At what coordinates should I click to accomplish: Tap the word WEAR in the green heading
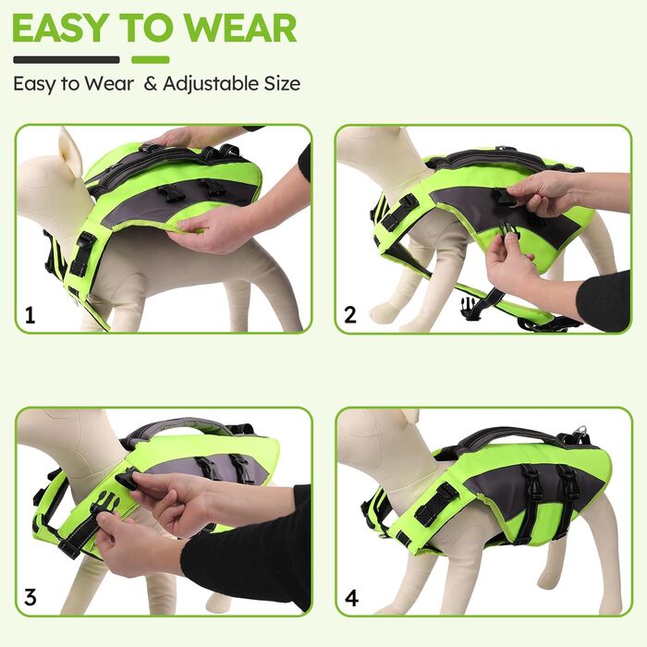tap(240, 28)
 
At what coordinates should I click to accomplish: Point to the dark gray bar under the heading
tap(67, 60)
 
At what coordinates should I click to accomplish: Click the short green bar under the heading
tap(151, 60)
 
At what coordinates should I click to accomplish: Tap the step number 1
tap(31, 316)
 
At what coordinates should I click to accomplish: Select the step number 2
tap(350, 316)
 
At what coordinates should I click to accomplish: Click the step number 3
tap(31, 597)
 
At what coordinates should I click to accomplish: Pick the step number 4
tap(351, 598)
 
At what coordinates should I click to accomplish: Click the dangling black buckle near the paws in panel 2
tap(470, 308)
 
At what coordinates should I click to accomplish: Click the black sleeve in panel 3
tap(248, 557)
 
